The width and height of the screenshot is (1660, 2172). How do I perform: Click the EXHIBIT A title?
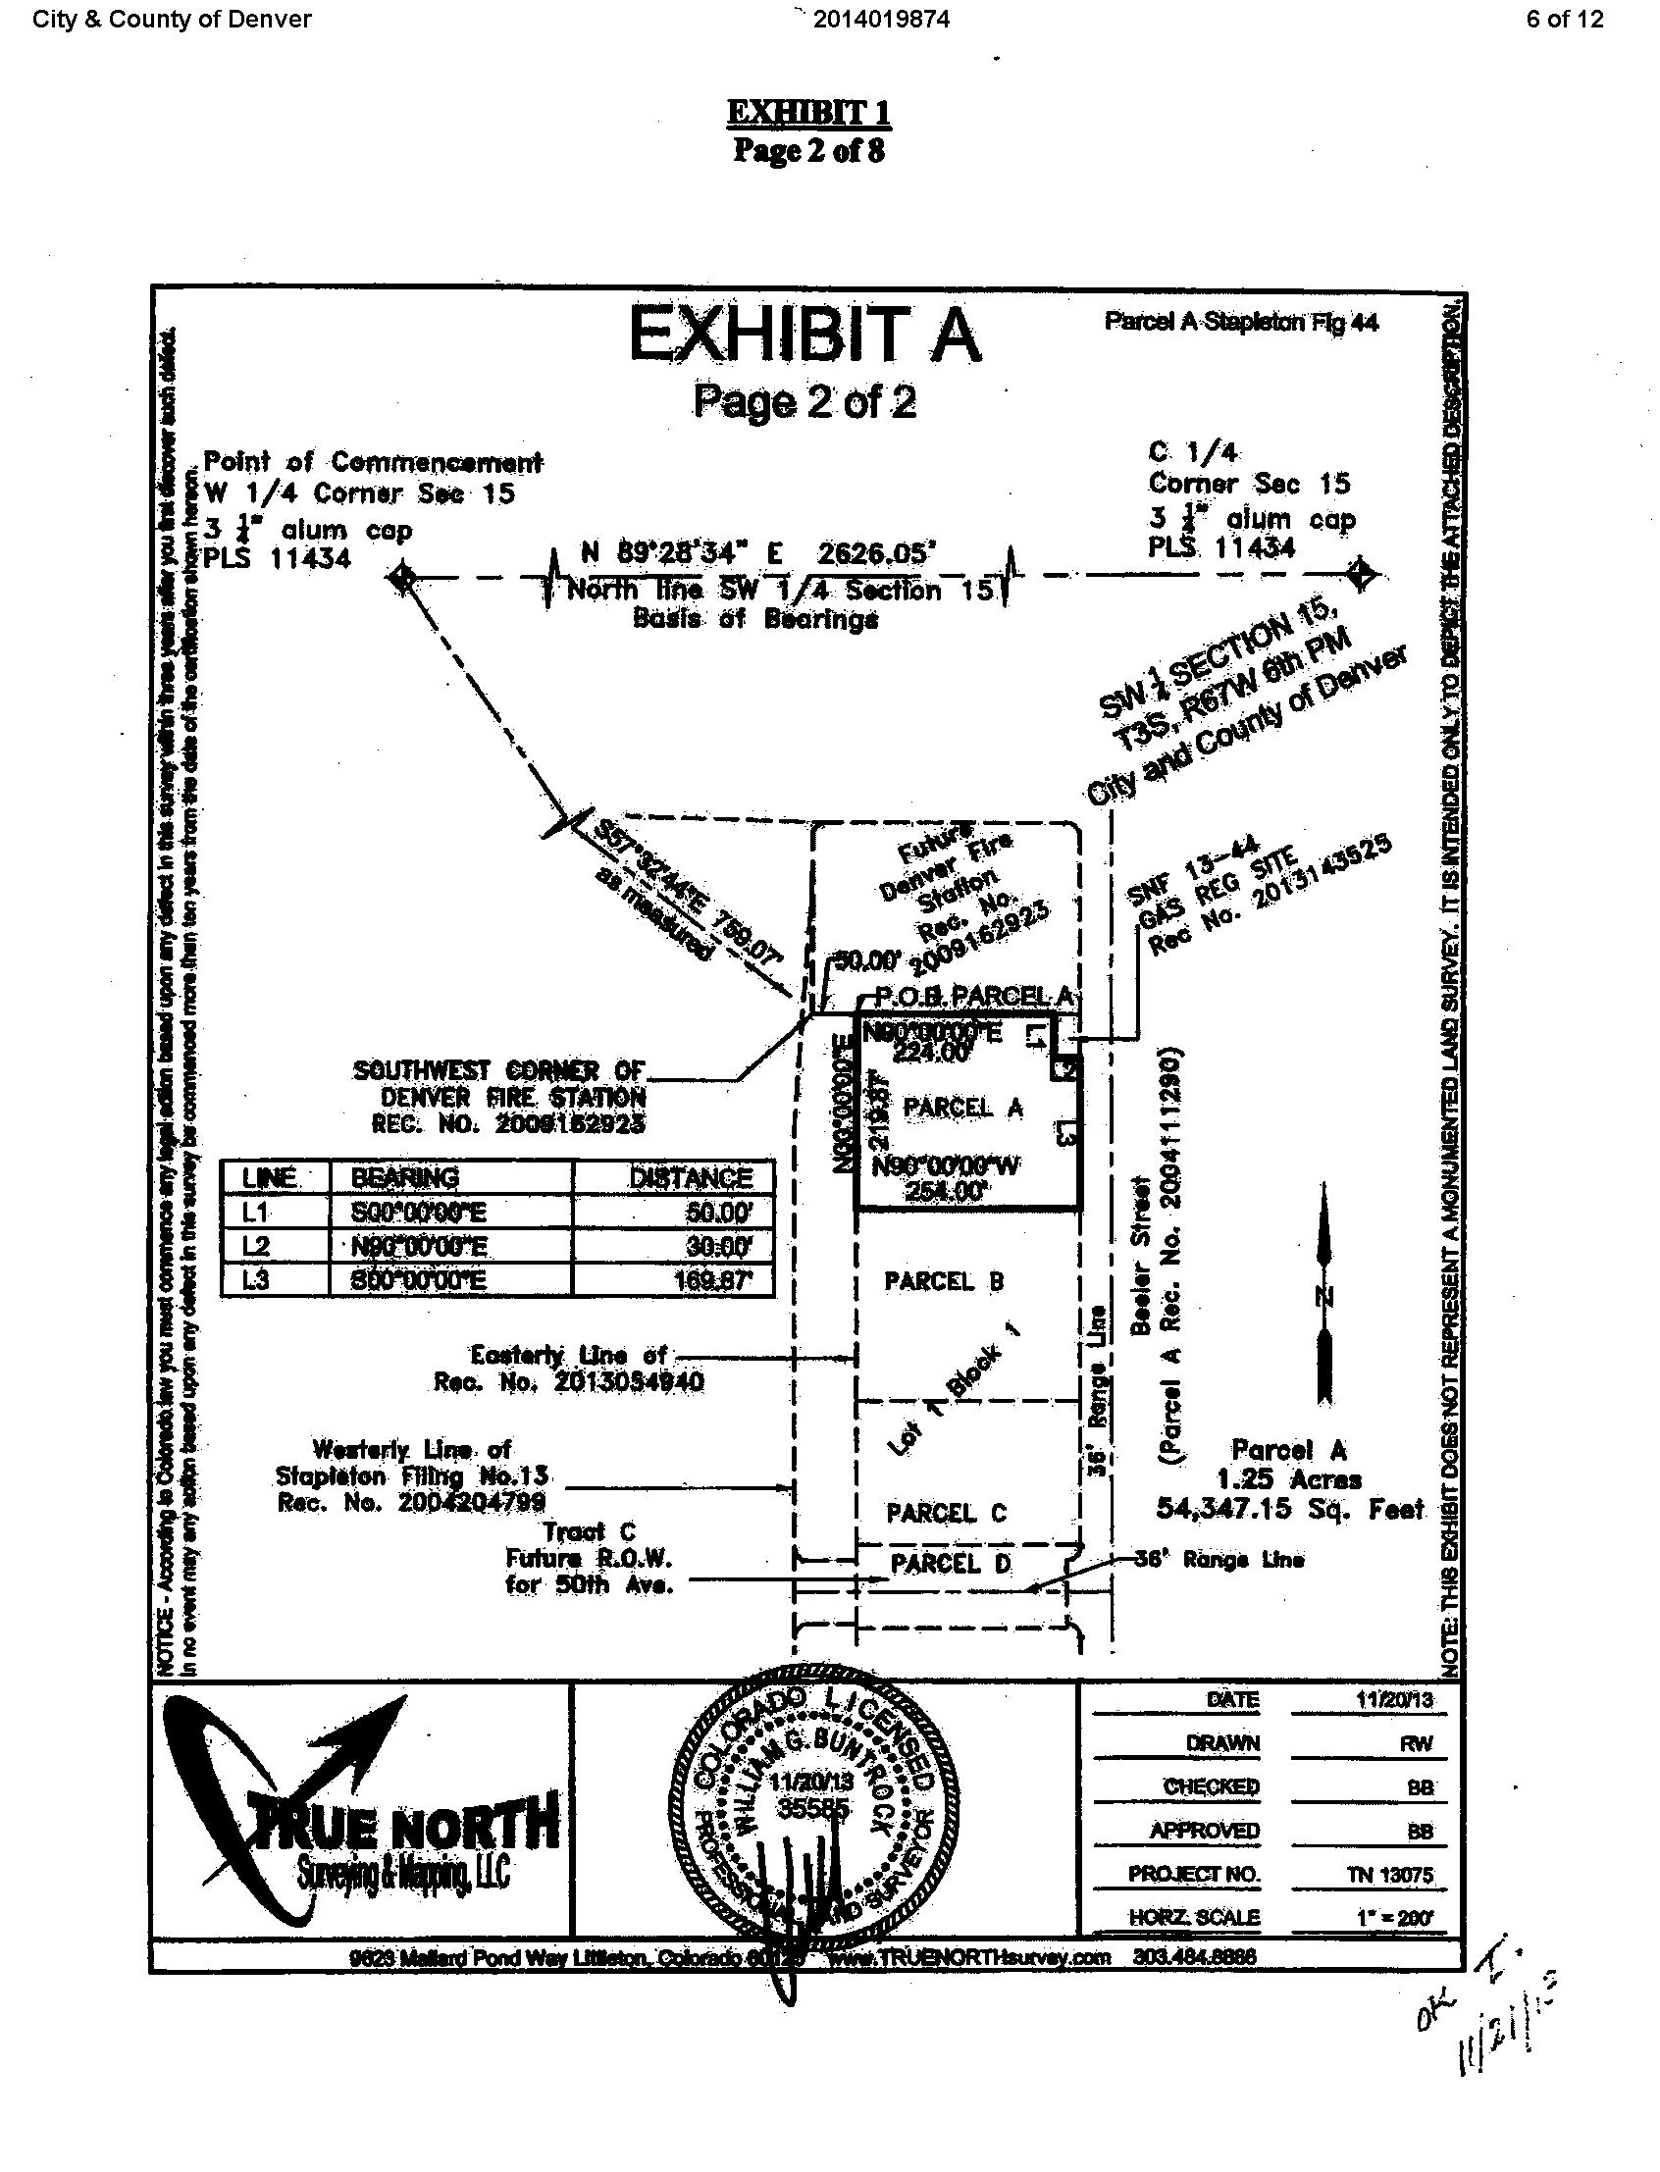point(804,336)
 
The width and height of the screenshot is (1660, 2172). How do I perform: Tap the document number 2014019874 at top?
point(881,19)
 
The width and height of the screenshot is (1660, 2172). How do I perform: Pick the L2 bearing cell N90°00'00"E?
point(419,1247)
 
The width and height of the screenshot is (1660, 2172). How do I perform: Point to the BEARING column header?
point(405,1177)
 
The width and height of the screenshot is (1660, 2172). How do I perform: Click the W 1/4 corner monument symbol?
point(400,576)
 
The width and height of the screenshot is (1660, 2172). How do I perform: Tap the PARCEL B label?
point(944,1281)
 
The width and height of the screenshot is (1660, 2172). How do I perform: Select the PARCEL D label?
point(950,1564)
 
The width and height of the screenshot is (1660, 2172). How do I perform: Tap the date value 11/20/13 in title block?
point(1393,1702)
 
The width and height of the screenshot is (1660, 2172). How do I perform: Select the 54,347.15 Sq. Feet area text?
point(1290,1509)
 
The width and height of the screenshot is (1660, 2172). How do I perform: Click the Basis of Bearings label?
point(754,620)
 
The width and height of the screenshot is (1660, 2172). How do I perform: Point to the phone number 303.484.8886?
point(1195,1956)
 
